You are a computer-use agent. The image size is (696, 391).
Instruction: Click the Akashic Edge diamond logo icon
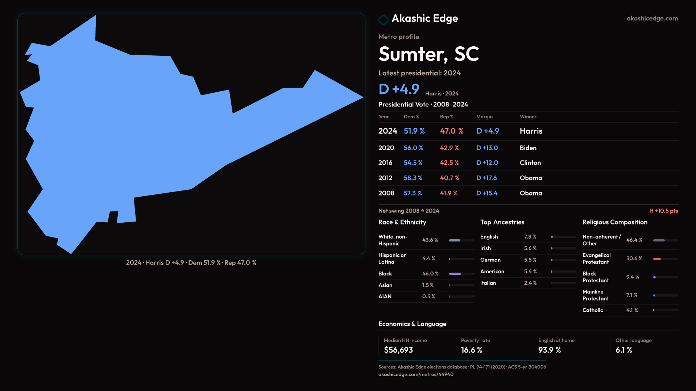click(383, 19)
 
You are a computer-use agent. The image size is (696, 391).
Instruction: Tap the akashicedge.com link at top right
click(652, 18)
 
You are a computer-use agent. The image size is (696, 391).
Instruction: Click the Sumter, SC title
click(428, 54)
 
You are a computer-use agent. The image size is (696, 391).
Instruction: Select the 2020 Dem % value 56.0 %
click(413, 148)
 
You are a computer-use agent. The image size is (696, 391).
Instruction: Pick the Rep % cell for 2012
click(449, 178)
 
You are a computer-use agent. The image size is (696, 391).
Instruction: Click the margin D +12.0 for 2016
click(487, 163)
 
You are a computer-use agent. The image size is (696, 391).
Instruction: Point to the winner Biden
click(528, 148)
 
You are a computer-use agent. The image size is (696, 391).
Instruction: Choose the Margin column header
click(484, 117)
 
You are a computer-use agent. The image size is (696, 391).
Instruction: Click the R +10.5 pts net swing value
click(663, 211)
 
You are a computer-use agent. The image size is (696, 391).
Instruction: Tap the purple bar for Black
click(455, 274)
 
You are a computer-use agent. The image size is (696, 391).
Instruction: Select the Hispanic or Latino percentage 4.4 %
click(428, 258)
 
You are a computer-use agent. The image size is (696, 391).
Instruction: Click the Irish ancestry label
click(485, 248)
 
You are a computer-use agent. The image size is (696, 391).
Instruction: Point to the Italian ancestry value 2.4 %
click(530, 283)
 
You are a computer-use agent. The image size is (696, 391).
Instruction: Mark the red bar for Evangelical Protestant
click(657, 259)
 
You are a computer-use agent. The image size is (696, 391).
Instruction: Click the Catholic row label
click(592, 310)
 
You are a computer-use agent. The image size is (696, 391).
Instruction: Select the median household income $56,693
click(398, 350)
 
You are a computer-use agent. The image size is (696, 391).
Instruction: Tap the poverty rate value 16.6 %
click(471, 350)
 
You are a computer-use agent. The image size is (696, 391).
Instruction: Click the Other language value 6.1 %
click(623, 350)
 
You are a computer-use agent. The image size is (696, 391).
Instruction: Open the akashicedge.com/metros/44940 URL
click(415, 374)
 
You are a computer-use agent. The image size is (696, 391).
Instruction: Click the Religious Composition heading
click(614, 222)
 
